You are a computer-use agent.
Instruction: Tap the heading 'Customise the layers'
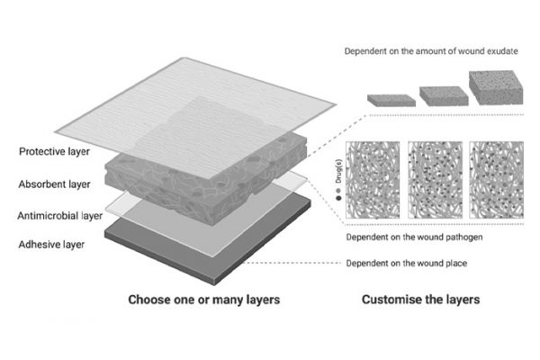[421, 299]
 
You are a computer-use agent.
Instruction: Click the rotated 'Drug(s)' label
[337, 165]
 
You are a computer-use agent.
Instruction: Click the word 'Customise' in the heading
[391, 299]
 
